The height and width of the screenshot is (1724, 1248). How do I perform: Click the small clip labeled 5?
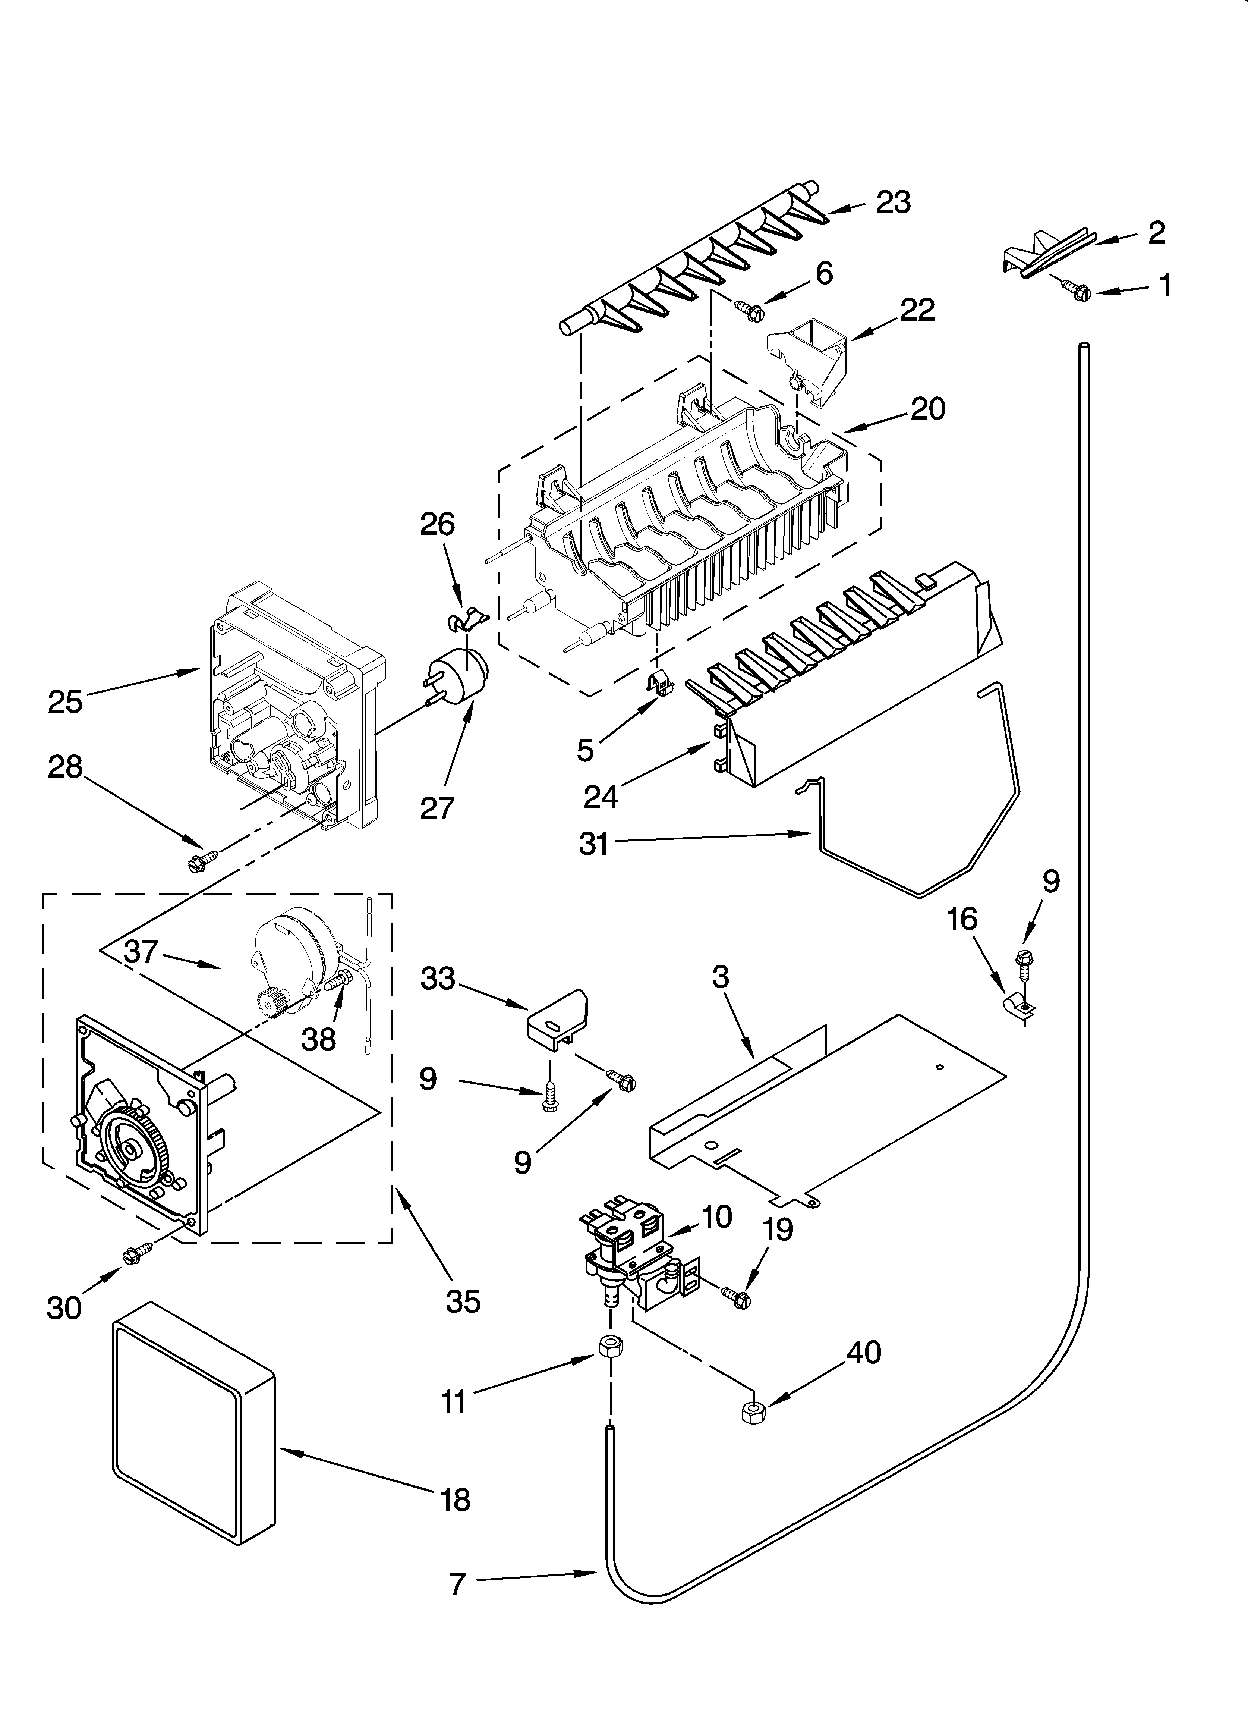(659, 682)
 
